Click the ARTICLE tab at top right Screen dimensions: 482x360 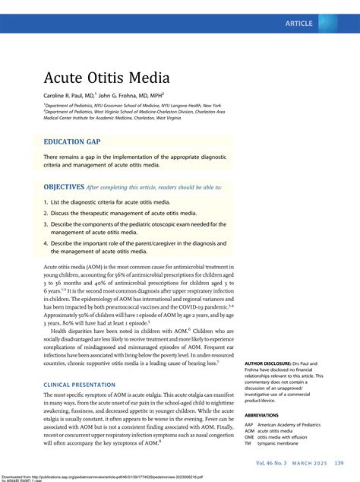(298, 24)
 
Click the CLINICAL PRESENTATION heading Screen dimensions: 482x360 (86, 385)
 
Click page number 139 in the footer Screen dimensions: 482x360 (339, 463)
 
